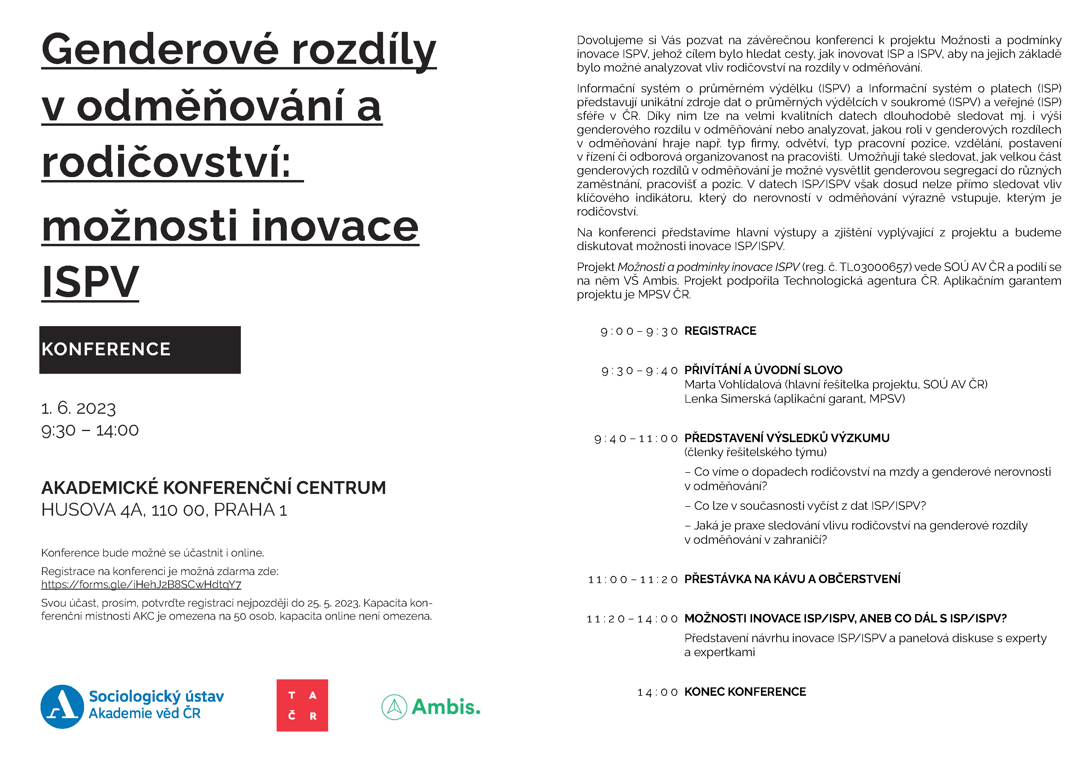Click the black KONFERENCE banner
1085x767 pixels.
point(140,350)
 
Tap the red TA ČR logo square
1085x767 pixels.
point(302,705)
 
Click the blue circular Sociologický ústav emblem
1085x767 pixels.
point(62,706)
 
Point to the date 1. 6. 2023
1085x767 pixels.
point(78,408)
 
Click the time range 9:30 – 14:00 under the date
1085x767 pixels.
point(90,430)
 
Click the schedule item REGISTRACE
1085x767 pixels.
point(720,331)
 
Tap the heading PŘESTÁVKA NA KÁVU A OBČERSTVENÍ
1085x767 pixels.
point(792,579)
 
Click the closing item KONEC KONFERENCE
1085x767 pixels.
point(745,692)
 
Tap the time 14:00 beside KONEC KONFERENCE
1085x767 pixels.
point(657,692)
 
